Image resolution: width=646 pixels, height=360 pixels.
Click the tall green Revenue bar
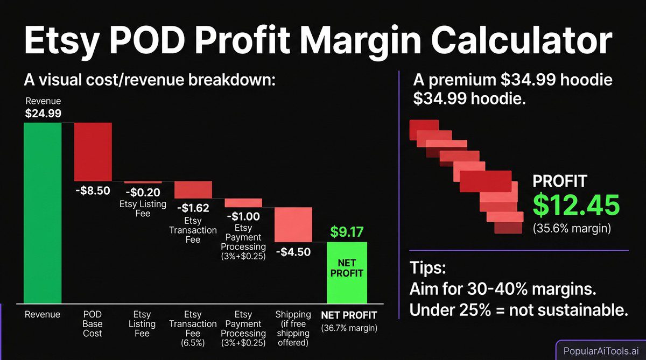[x=43, y=213]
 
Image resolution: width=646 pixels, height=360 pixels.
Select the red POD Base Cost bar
[x=93, y=152]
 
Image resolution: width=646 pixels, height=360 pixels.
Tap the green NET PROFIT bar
[x=347, y=273]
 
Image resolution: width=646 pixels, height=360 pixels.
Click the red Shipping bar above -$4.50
[x=293, y=224]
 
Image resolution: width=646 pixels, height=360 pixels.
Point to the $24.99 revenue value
[x=43, y=114]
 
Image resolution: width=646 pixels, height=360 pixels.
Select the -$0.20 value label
[x=142, y=192]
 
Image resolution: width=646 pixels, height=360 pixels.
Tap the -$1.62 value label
[x=193, y=207]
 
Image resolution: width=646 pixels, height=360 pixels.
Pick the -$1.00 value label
[x=243, y=216]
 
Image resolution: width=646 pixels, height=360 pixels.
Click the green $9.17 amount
[x=347, y=232]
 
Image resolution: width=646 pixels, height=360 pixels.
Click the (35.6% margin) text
[x=572, y=228]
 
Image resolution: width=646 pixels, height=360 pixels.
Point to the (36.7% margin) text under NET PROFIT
[x=349, y=328]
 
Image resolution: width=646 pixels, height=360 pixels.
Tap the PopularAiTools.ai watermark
[x=599, y=350]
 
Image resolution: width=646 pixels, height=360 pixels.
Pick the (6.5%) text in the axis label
[x=193, y=342]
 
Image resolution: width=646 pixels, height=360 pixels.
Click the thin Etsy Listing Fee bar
[x=143, y=182]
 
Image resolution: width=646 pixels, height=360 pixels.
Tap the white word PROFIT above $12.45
[x=560, y=181]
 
